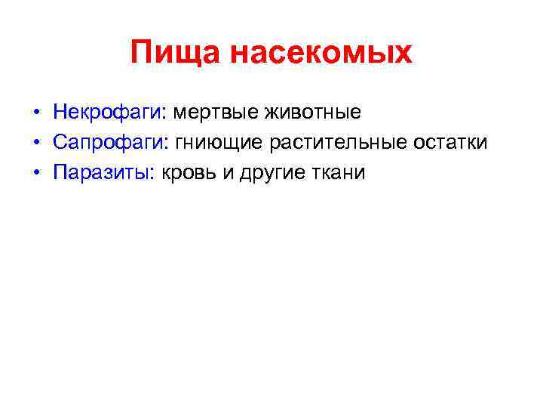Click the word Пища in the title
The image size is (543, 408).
point(175,53)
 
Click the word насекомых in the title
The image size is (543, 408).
point(321,53)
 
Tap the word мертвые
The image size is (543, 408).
point(215,113)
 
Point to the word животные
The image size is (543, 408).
point(312,113)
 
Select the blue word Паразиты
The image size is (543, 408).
point(103,173)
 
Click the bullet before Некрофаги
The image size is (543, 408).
point(36,114)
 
